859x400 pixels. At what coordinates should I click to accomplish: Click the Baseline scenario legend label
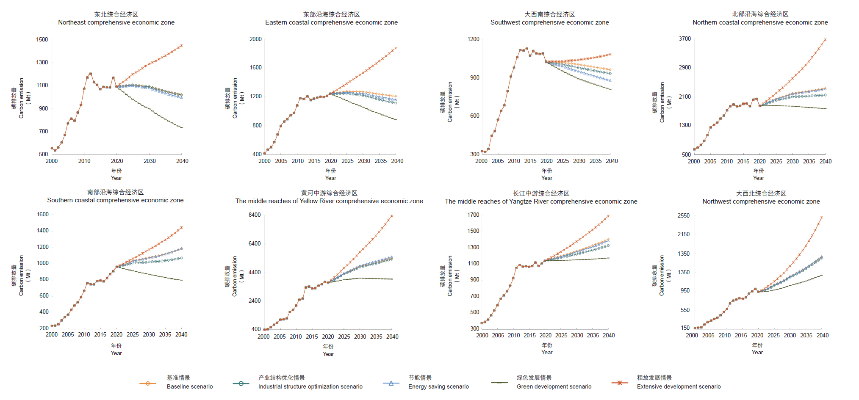[190, 386]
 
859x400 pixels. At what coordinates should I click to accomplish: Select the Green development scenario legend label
[554, 386]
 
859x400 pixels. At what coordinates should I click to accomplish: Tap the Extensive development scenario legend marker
[620, 383]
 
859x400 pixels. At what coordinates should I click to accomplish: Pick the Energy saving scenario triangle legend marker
[391, 383]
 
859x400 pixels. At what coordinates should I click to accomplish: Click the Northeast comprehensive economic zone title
[116, 22]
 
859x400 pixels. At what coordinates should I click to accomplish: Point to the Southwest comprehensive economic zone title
[549, 22]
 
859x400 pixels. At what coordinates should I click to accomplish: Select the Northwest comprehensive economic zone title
[761, 201]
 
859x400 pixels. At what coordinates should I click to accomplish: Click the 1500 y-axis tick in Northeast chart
[42, 39]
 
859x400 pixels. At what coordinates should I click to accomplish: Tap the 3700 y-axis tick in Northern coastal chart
[684, 39]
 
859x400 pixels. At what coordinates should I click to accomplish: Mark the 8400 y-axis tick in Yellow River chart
[255, 215]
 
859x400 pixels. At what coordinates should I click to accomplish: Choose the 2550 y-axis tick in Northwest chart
[683, 215]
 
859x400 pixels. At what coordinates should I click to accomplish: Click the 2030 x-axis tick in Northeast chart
[150, 161]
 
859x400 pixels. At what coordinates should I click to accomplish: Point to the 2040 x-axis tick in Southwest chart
[612, 161]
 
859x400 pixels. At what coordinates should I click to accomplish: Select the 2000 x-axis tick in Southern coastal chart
[52, 334]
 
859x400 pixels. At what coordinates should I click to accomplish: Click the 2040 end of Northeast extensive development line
[182, 45]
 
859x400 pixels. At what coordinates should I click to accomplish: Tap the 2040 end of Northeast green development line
[182, 127]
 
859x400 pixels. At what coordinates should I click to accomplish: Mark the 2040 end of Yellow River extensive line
[392, 216]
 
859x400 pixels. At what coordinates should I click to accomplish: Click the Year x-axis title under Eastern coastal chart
[330, 178]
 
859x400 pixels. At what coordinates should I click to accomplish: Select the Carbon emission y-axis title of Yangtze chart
[450, 276]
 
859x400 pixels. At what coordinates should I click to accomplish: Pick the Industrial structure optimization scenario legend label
[310, 386]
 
